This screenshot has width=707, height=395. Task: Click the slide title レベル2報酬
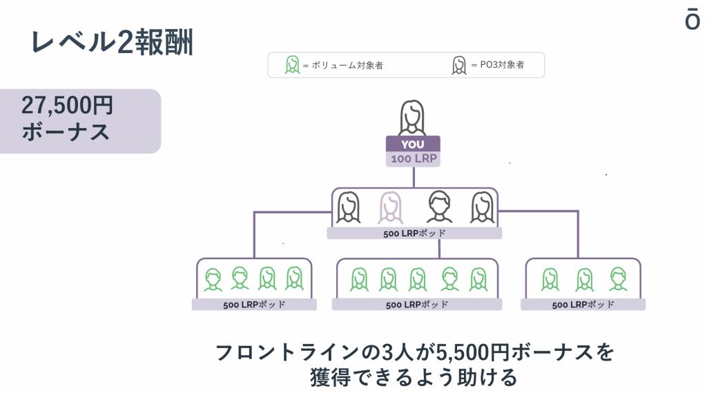(112, 42)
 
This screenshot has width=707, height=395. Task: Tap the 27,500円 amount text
(67, 105)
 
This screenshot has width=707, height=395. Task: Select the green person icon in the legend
(292, 65)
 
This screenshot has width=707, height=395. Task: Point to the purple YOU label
(413, 144)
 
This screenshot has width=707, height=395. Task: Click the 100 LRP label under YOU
(413, 159)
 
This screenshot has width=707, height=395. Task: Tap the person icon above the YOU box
(413, 118)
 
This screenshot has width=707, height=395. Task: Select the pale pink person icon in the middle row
(391, 207)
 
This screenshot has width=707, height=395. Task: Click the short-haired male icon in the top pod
(439, 207)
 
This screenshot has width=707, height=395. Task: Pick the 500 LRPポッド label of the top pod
(414, 233)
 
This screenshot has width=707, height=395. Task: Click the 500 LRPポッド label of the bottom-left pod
(254, 305)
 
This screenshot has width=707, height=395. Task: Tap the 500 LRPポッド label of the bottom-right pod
(583, 305)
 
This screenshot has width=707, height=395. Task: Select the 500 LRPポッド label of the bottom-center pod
(417, 305)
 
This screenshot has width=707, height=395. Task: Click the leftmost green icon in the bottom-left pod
(213, 279)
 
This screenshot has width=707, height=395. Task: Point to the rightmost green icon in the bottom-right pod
(618, 278)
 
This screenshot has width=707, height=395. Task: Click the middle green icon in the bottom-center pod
(418, 279)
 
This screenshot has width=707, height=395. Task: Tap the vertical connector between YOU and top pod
(414, 177)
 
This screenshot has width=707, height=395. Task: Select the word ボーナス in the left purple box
(66, 132)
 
